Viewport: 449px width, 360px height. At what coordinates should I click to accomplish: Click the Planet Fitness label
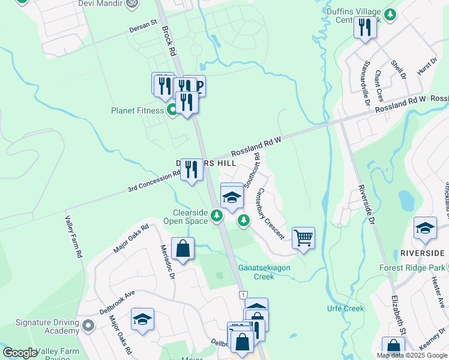(x=137, y=110)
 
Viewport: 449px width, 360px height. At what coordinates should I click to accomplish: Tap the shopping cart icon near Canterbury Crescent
(x=304, y=238)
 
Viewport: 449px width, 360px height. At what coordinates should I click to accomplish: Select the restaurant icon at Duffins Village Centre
(x=364, y=28)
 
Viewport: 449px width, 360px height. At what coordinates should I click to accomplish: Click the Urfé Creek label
(x=346, y=308)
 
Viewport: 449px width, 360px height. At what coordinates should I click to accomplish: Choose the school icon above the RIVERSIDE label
(x=425, y=228)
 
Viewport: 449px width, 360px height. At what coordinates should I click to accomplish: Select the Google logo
(x=20, y=353)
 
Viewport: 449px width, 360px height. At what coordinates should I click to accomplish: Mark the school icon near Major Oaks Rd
(x=142, y=319)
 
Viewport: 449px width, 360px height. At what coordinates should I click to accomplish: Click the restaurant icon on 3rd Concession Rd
(x=191, y=170)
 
